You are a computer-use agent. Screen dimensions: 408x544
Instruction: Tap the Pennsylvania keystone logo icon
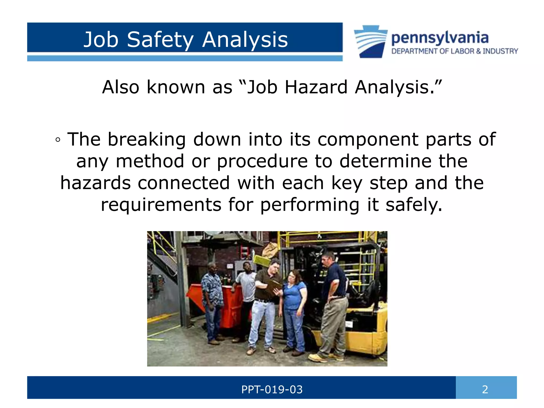(371, 41)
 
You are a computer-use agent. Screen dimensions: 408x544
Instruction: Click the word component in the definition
(368, 139)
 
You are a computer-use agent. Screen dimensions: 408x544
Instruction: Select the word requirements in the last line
(161, 205)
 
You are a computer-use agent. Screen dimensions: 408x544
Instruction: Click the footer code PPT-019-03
(272, 390)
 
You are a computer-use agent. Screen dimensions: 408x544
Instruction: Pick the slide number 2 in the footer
(485, 390)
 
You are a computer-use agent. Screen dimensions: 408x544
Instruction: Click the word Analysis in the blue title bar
(245, 40)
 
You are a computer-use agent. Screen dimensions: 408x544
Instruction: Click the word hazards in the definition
(96, 183)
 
